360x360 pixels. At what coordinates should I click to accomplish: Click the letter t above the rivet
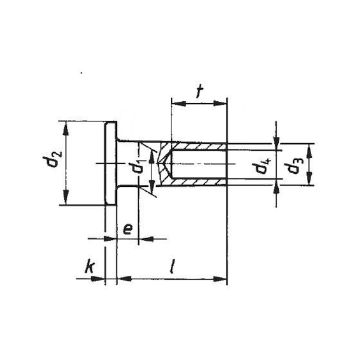tap(199, 91)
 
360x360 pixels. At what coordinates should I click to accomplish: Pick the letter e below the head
tap(126, 229)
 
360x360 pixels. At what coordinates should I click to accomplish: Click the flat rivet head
tap(110, 163)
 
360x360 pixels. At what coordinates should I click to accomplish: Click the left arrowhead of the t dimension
tap(176, 101)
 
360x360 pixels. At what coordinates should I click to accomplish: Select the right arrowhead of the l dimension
tap(222, 277)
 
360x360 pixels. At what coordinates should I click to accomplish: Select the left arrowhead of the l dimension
tap(122, 277)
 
